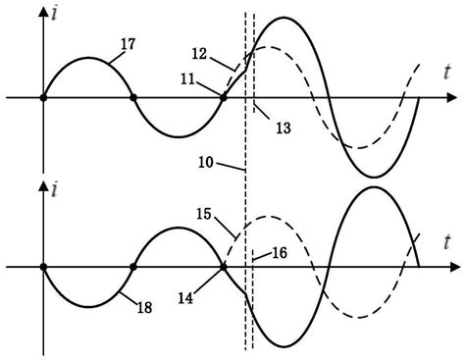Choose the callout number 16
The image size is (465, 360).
[277, 251]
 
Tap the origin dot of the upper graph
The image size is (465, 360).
[43, 98]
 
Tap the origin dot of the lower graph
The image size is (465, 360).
[43, 266]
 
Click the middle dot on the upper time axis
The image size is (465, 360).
[133, 98]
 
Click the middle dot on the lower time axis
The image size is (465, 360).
[133, 266]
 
